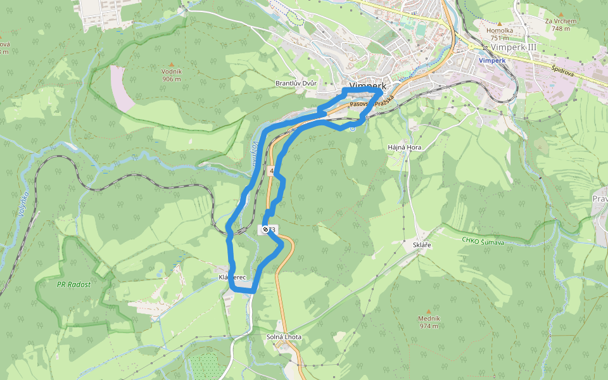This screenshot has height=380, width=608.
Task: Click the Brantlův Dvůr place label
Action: pos(296,84)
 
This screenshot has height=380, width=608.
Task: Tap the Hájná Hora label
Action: pos(404,147)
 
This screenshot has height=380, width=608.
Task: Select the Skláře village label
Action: pos(421,244)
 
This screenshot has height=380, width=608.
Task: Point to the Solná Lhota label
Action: pos(284,337)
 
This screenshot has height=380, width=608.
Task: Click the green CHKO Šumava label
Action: pos(483,241)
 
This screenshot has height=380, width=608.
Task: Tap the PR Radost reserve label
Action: pos(73,284)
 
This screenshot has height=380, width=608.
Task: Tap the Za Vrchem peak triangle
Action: pos(560,13)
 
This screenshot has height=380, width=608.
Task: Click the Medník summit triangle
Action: pos(428,311)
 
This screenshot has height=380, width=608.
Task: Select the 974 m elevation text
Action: pos(428,326)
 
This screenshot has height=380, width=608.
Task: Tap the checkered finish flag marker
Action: pos(265,230)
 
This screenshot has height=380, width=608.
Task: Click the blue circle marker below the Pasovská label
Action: pos(352,129)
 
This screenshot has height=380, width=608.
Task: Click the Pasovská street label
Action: pos(360,103)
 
